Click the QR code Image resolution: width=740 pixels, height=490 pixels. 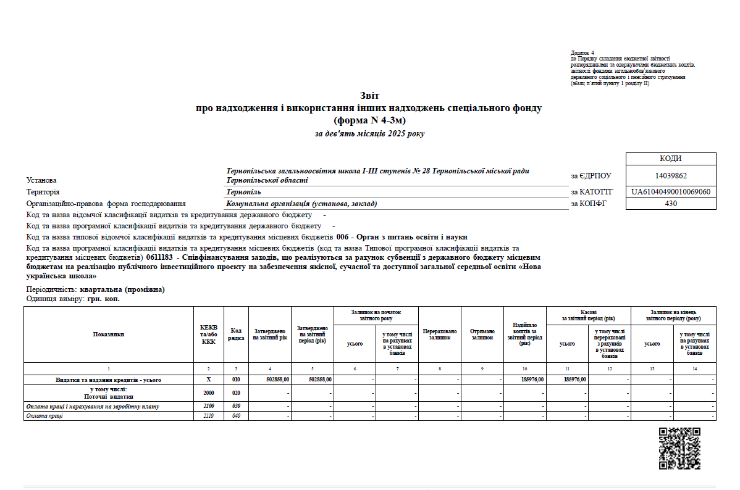pos(679,448)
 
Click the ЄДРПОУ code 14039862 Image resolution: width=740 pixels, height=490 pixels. pos(671,175)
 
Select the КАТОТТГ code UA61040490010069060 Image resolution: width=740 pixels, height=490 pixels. pos(671,192)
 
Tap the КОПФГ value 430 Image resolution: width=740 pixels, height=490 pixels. pos(671,203)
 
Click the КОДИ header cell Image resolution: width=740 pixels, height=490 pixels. pos(671,159)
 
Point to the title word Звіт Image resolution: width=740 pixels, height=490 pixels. pos(369,95)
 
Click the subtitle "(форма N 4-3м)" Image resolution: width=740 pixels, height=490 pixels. pos(369,120)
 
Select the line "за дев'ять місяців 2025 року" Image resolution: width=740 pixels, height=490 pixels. pos(369,133)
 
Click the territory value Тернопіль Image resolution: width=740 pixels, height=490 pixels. pos(244,192)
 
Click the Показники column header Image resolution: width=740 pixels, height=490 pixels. pos(109,334)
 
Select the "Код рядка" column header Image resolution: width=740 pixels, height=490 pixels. pos(236,334)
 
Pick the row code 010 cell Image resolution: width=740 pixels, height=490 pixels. pos(236,380)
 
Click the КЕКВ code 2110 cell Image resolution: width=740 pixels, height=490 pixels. pos(209,416)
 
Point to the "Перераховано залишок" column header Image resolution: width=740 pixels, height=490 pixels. pos(440,334)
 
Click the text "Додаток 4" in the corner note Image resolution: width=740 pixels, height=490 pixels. pos(582,54)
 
